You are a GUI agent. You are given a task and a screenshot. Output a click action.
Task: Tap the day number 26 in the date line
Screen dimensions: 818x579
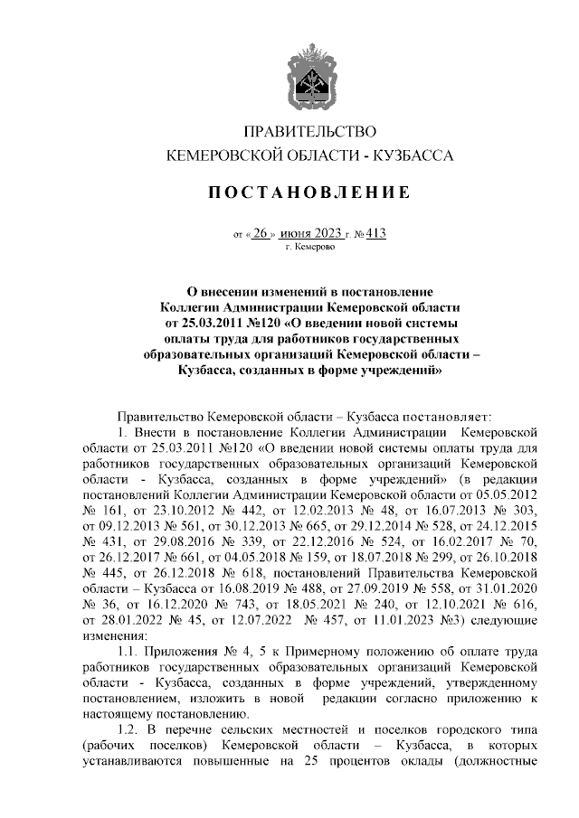click(261, 232)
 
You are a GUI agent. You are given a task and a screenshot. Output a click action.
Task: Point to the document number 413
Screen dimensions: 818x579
click(376, 232)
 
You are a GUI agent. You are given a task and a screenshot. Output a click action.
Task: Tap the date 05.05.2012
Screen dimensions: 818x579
click(509, 495)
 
